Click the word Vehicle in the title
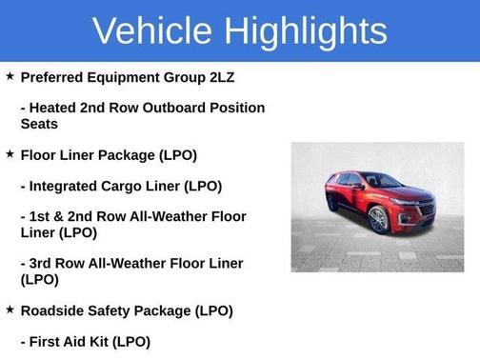click(x=153, y=30)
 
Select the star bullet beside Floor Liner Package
click(x=10, y=153)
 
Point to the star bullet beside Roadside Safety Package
click(x=10, y=310)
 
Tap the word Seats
click(x=42, y=124)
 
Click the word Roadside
click(x=56, y=310)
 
